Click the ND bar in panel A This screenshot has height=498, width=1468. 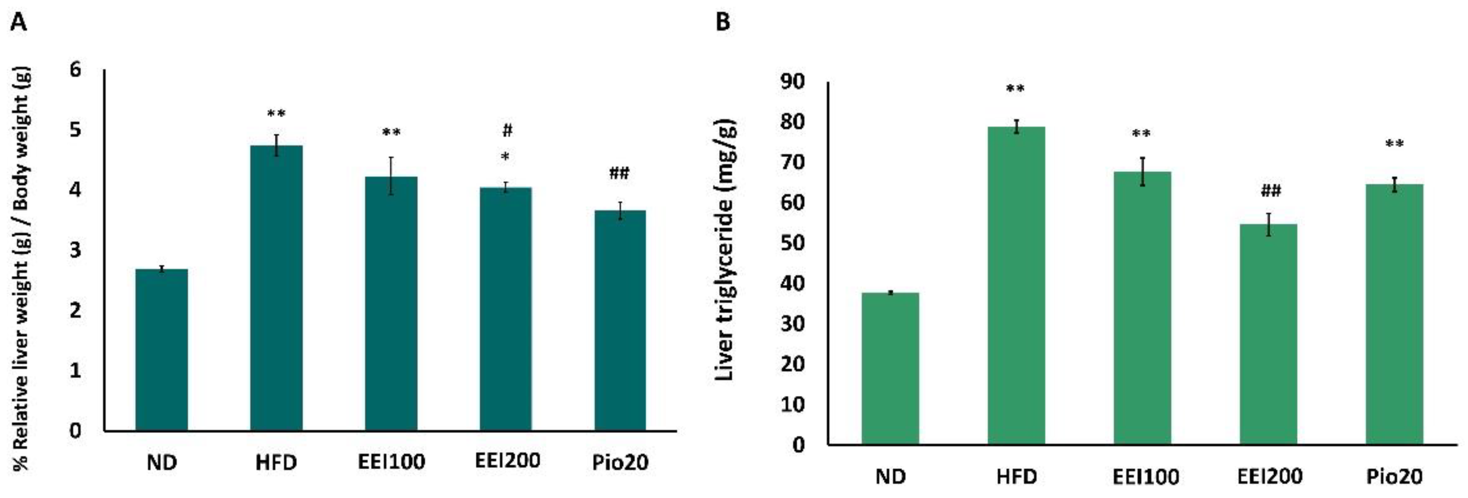click(162, 349)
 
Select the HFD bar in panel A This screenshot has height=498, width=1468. click(276, 288)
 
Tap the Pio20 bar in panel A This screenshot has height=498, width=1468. click(620, 320)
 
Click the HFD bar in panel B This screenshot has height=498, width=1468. click(1016, 285)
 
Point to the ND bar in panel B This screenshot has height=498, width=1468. click(890, 368)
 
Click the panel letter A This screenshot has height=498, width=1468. click(19, 23)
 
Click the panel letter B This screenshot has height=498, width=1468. click(723, 23)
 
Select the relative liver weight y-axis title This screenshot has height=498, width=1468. click(21, 268)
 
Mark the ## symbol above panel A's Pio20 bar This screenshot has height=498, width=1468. click(619, 173)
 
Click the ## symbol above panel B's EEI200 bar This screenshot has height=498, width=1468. click(1270, 190)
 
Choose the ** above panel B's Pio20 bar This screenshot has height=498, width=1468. click(1394, 144)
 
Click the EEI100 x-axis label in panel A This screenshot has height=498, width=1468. click(392, 461)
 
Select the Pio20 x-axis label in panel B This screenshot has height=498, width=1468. click(1394, 476)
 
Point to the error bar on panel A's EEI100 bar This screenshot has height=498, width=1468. click(392, 176)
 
